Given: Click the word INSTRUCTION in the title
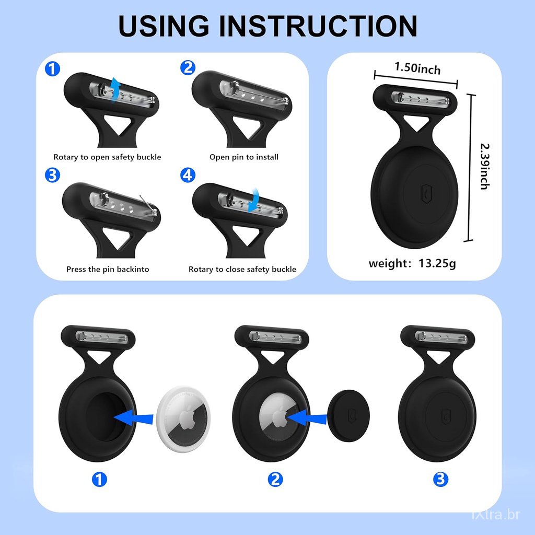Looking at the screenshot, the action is (318, 26).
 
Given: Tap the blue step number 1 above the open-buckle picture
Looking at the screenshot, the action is (53, 69).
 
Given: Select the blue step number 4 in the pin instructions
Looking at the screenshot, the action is (188, 175).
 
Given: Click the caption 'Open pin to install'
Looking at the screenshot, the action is (243, 157).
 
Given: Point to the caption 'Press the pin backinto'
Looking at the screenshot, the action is (108, 269).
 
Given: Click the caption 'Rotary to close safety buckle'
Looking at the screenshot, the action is (242, 269).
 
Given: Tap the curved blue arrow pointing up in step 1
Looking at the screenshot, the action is (115, 89).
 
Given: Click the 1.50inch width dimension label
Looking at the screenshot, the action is (417, 68).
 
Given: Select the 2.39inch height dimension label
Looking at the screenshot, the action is (485, 166).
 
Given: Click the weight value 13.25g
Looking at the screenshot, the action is (437, 263).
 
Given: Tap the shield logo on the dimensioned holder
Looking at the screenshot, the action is (426, 194).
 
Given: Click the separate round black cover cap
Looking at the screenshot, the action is (348, 415).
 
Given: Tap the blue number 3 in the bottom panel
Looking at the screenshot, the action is (440, 479).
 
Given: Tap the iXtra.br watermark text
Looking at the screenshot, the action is (496, 515).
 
